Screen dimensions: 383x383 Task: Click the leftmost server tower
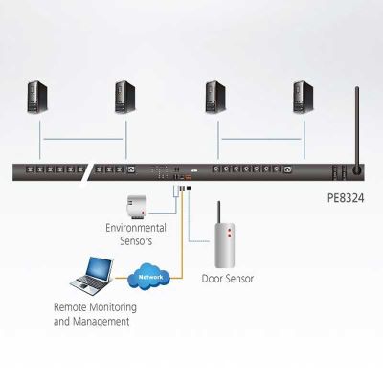[37, 97]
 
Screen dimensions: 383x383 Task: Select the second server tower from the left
[125, 97]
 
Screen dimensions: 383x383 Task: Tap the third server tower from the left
[215, 97]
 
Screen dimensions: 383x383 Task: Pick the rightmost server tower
[304, 97]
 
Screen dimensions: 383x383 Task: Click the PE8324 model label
[346, 198]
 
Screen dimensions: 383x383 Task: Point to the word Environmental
[136, 228]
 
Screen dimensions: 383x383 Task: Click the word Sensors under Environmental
[136, 240]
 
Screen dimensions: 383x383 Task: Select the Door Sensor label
[228, 279]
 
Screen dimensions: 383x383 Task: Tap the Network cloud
[149, 277]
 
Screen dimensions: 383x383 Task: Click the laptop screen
[100, 270]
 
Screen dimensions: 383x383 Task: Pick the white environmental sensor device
[137, 208]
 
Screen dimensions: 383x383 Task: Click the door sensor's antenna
[219, 213]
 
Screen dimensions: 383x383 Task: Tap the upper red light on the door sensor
[229, 230]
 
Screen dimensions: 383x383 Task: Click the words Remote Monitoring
[95, 307]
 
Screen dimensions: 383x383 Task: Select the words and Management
[92, 321]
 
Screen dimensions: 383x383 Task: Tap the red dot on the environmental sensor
[143, 213]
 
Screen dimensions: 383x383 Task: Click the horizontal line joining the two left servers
[83, 139]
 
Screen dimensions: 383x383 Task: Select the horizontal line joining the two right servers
[261, 139]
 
